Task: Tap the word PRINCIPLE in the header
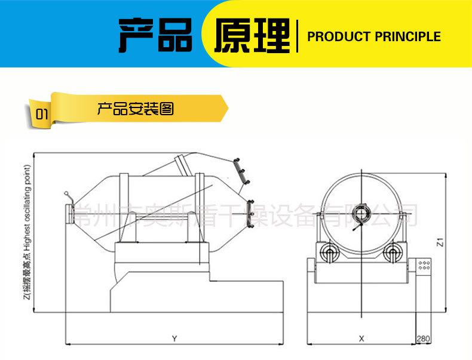(x=408, y=37)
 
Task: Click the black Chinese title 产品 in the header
(x=157, y=35)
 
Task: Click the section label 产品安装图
(x=136, y=109)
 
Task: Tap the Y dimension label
(x=174, y=339)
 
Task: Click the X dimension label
(x=361, y=339)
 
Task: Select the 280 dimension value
(x=424, y=339)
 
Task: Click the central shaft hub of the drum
(x=360, y=211)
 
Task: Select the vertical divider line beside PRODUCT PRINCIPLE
(x=297, y=36)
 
